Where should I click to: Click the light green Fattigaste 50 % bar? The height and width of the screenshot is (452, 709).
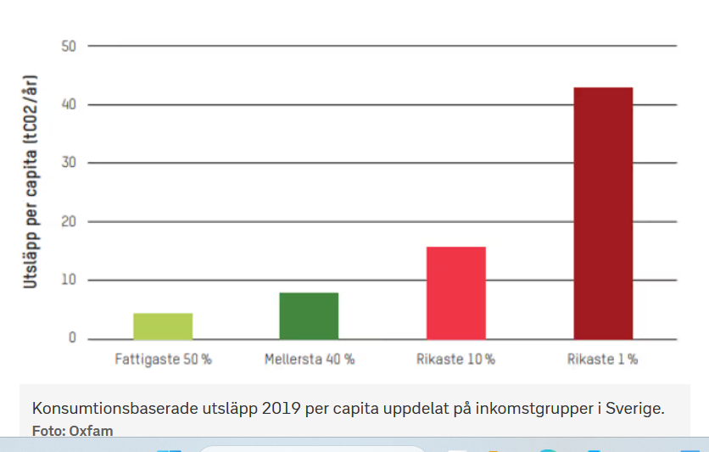point(163,326)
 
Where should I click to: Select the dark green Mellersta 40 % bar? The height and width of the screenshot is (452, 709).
point(309,315)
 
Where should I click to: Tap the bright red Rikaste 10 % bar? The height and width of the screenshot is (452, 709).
point(455,293)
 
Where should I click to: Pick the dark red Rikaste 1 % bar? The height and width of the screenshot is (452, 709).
point(603,213)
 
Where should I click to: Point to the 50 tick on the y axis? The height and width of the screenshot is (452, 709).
point(69,46)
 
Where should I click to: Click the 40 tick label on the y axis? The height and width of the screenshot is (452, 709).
point(69,105)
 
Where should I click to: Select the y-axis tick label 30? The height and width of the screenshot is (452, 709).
point(69,163)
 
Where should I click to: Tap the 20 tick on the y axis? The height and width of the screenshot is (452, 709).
point(69,222)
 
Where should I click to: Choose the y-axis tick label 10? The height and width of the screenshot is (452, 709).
point(69,280)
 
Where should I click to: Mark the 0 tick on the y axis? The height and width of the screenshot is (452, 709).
point(72,338)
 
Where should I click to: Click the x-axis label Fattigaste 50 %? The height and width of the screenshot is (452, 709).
point(163,360)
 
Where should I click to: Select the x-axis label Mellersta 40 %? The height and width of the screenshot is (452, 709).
point(309,360)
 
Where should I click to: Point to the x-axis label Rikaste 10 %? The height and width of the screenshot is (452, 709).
point(455,360)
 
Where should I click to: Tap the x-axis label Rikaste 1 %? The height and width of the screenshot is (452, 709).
point(602,360)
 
